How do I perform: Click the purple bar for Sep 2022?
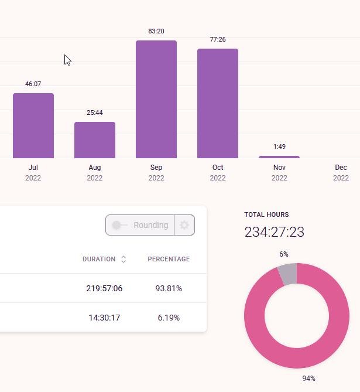[x=156, y=100]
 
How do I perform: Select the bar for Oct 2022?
[x=218, y=104]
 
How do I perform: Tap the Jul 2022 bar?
[x=33, y=125]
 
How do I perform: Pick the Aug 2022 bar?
[x=95, y=140]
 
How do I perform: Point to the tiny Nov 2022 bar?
[x=279, y=157]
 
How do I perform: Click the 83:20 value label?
[x=156, y=31]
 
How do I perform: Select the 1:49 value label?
[x=279, y=146]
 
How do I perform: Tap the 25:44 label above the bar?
[x=95, y=113]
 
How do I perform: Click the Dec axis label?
[x=341, y=168]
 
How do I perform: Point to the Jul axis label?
[x=33, y=168]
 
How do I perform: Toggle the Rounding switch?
[x=120, y=225]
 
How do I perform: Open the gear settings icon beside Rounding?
[x=184, y=225]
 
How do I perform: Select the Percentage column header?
[x=169, y=259]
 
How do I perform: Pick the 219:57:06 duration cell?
[x=104, y=288]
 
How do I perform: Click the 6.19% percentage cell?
[x=169, y=318]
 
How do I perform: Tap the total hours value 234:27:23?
[x=274, y=232]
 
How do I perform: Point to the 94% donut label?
[x=308, y=379]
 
